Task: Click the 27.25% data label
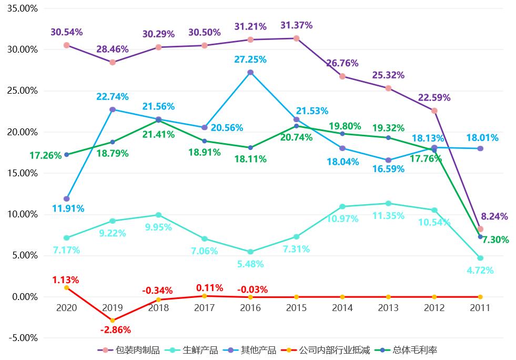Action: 250,61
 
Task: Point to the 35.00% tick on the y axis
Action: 22,8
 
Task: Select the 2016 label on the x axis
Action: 250,308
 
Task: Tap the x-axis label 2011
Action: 480,308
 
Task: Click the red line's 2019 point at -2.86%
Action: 113,321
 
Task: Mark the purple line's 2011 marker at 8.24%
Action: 480,229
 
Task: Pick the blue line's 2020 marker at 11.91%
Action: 66,199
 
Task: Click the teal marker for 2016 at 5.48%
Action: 250,252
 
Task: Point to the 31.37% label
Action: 297,25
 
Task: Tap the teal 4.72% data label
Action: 480,271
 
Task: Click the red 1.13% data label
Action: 66,279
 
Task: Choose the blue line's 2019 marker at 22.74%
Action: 113,109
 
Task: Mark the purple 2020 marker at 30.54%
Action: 66,45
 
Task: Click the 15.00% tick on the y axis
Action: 22,173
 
